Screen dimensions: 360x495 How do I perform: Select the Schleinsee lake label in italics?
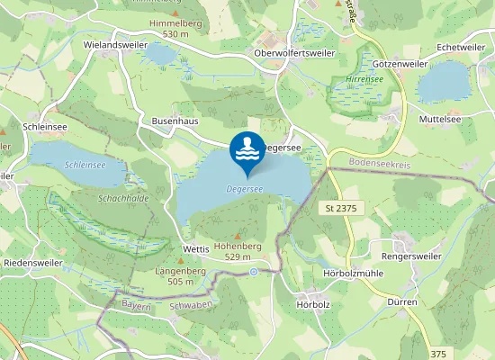point(85,166)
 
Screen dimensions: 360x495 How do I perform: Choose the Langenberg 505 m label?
point(181,275)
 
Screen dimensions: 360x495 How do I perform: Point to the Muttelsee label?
point(441,118)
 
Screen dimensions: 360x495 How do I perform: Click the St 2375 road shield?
point(341,208)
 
